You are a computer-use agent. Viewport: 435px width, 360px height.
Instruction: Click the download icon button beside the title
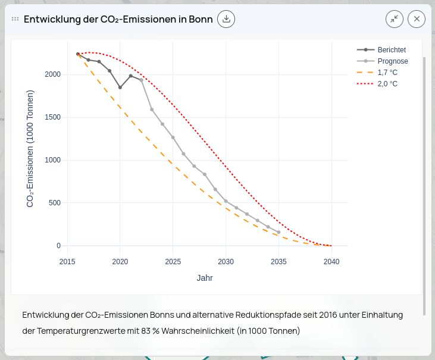click(x=226, y=19)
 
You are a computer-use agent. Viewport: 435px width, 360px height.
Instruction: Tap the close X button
click(x=417, y=19)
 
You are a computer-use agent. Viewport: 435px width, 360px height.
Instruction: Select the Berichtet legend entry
click(x=391, y=50)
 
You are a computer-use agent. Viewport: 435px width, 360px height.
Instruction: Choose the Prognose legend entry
click(x=392, y=61)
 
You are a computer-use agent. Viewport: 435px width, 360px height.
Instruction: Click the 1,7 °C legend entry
click(x=387, y=73)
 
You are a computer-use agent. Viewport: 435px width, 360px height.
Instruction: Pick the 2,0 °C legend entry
click(x=387, y=84)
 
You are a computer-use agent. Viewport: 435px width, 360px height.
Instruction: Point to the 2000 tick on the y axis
click(x=53, y=74)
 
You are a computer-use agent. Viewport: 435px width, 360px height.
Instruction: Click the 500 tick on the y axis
click(x=55, y=203)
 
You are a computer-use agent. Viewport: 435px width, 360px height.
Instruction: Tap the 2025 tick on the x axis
click(x=173, y=262)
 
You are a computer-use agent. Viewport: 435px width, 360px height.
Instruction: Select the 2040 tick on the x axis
click(x=331, y=262)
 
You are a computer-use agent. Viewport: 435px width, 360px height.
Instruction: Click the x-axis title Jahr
click(x=205, y=278)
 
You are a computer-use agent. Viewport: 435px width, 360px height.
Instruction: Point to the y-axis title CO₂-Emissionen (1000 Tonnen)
click(x=30, y=149)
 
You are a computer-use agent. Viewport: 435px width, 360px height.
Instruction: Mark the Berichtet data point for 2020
click(x=120, y=87)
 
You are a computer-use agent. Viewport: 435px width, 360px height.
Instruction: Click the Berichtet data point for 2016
click(x=78, y=54)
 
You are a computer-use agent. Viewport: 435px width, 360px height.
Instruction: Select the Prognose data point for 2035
click(x=278, y=233)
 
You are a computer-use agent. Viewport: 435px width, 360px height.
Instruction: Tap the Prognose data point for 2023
click(x=152, y=109)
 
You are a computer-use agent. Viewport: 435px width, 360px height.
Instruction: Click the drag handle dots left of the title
click(x=15, y=19)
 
